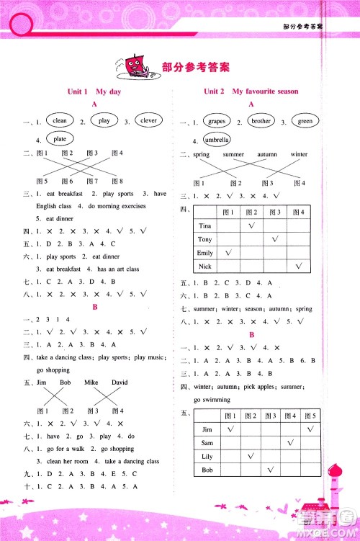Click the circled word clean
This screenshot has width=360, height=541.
tap(60, 121)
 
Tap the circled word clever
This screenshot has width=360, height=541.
tap(148, 121)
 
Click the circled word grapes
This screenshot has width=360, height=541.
tap(216, 122)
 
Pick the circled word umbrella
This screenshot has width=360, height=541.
tap(216, 139)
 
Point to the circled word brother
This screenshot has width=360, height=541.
tap(261, 122)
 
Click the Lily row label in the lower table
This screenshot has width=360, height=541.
tap(208, 456)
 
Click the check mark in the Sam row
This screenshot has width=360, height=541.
tap(290, 442)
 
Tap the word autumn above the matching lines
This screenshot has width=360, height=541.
tap(267, 155)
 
